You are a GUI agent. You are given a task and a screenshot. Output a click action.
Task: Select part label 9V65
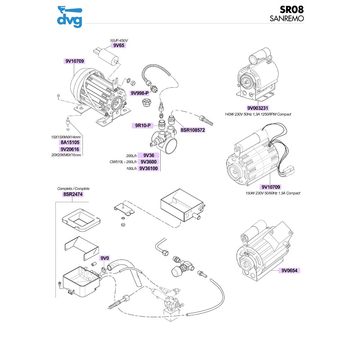[x=119, y=45]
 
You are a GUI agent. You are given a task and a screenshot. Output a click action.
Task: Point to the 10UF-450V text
[x=119, y=40]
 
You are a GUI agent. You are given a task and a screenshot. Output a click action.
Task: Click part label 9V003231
[x=258, y=108]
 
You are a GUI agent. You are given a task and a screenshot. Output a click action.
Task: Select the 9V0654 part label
[x=290, y=271]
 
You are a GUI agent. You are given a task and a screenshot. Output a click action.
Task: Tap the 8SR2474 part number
[x=73, y=194]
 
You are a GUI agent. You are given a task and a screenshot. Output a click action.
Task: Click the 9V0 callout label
[x=105, y=258]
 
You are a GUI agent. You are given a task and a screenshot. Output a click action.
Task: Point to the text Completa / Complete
[x=73, y=189]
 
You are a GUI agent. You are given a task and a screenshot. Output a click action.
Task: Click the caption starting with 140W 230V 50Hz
[x=258, y=114]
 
